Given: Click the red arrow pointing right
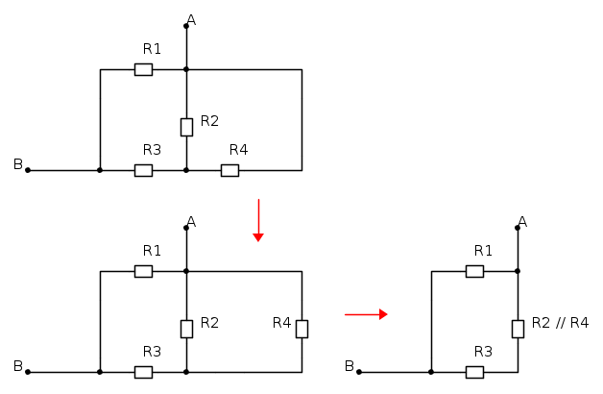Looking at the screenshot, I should point(366,313).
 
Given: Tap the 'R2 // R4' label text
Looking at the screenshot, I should point(560,323).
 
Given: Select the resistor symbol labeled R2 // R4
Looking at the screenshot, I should point(518,329).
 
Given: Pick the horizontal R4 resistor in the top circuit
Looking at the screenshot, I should point(229,170).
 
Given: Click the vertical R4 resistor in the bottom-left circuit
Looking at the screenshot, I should point(301,329).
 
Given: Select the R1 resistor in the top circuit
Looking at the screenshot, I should point(143,69).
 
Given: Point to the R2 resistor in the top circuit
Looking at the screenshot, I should point(186,127).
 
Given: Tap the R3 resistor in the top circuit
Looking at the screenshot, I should point(143,170).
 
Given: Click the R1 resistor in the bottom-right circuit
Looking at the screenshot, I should point(474,271).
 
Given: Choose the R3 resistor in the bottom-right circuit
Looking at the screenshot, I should point(474,372).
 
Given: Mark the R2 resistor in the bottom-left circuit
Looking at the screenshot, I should point(186,329).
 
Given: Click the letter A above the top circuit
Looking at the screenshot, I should point(191,20).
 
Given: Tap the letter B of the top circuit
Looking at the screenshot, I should point(17,164).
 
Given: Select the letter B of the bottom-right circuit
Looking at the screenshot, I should point(349,366).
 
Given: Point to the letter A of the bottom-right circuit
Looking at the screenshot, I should point(522,222).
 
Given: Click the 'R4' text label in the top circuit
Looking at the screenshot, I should point(238,150).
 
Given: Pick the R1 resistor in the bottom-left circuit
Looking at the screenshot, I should point(143,271).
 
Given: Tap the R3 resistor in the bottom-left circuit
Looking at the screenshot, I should point(143,372).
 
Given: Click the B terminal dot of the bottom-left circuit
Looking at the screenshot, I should point(28,372).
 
